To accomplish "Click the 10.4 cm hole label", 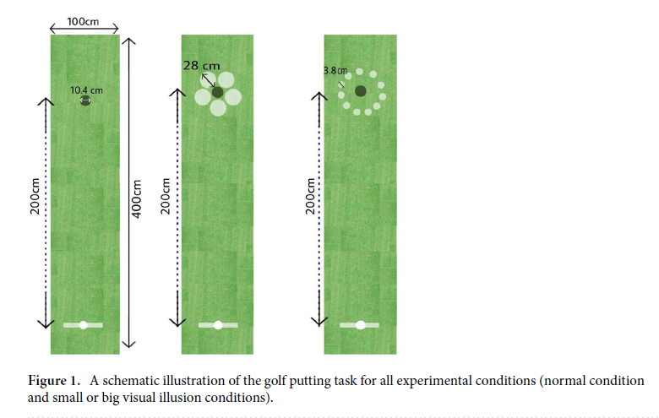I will click(x=87, y=90).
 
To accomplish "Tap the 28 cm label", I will click(x=201, y=65).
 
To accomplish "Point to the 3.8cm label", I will click(x=335, y=70).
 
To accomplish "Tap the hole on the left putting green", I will click(x=84, y=101).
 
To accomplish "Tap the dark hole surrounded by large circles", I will click(x=218, y=92).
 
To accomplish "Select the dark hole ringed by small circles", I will click(x=361, y=91).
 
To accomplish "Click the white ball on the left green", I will click(x=83, y=324).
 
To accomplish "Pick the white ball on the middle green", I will click(x=218, y=324).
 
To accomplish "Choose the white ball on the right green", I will click(x=361, y=324).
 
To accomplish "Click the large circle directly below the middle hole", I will click(x=219, y=107).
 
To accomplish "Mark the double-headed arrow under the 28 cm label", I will click(x=207, y=80).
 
